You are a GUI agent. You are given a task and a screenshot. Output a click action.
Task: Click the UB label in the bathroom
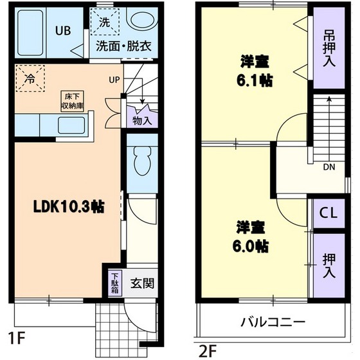click(x=63, y=30)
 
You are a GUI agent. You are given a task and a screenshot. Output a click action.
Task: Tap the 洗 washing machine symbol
click(x=104, y=22)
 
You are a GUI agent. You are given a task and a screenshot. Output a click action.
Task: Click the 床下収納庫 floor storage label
click(x=72, y=101)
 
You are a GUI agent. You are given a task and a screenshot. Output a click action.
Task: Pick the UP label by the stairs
click(x=114, y=80)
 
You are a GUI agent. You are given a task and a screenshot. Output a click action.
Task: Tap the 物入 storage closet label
click(x=142, y=120)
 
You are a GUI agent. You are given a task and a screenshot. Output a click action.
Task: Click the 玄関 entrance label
click(x=141, y=283)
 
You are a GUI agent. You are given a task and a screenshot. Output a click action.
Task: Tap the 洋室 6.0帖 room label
click(x=251, y=237)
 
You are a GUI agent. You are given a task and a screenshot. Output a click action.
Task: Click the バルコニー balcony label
click(x=273, y=321)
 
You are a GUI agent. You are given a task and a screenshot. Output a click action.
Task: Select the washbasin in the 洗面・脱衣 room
click(x=139, y=21)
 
